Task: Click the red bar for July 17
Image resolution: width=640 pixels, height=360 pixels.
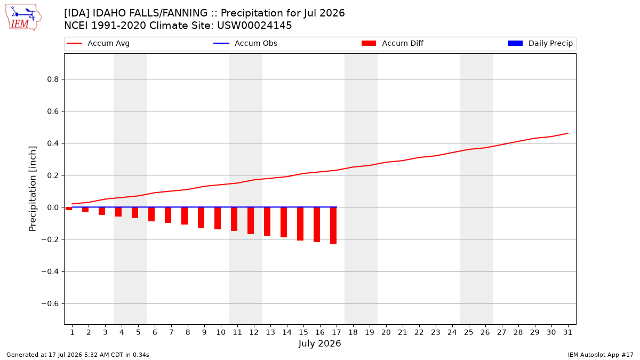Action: pos(333,226)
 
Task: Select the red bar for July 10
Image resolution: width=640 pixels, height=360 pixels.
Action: pos(218,218)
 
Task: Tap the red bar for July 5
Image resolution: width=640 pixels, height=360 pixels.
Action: pos(135,213)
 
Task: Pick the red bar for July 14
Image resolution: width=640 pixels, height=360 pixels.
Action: pos(283,222)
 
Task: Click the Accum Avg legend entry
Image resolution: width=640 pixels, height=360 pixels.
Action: pos(98,43)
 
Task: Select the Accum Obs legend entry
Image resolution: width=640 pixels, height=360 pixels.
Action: pos(245,43)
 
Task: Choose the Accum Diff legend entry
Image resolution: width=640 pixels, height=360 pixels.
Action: pos(393,43)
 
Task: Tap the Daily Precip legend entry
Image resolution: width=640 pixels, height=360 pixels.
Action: pos(540,43)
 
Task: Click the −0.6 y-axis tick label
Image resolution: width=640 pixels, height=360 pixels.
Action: pos(50,303)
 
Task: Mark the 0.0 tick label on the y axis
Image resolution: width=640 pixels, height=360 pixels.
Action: pos(53,207)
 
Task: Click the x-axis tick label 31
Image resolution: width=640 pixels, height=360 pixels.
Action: pos(567,332)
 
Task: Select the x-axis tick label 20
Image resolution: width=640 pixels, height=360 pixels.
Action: pos(386,332)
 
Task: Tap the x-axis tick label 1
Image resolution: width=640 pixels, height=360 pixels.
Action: pos(73,332)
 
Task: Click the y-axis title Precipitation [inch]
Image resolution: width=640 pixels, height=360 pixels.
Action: pos(33,189)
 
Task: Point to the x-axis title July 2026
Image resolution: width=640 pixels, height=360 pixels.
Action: pos(319,343)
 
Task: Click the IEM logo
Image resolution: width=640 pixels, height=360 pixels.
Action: pos(23,18)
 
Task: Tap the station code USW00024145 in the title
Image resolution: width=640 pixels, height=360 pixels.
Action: pos(254,26)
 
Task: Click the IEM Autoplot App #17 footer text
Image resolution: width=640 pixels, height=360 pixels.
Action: pos(601,355)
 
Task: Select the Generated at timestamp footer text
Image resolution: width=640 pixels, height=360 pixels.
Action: pos(78,355)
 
